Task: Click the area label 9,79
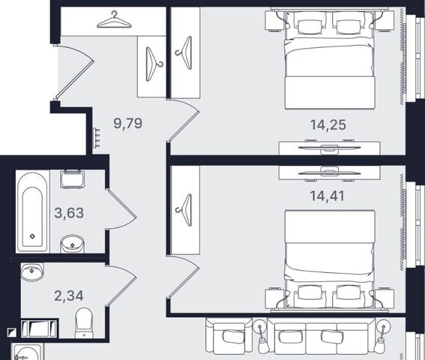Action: pos(127,124)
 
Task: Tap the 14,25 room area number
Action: pos(328,124)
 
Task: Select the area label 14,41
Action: pos(327,196)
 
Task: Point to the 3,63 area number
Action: pos(69,213)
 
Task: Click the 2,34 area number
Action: pos(69,295)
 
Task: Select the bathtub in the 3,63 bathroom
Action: pos(32,211)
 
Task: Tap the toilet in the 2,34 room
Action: pos(84,322)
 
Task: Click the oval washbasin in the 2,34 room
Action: pos(32,271)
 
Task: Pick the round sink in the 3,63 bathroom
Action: pos(72,244)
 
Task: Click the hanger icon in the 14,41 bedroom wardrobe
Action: pos(185,210)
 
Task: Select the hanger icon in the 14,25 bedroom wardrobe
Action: pos(185,53)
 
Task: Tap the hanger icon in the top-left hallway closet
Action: pos(114,19)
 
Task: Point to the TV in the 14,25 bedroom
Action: pos(329,147)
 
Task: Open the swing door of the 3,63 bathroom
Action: pos(121,209)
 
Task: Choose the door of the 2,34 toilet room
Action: pos(121,286)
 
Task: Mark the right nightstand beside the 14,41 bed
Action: pos(385,298)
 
